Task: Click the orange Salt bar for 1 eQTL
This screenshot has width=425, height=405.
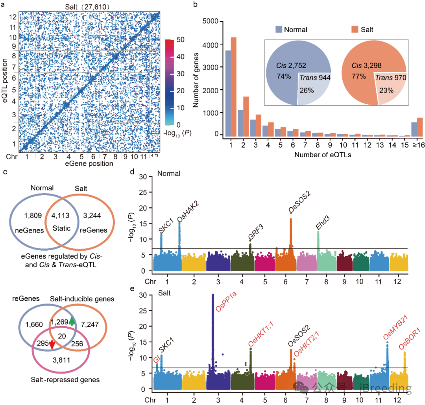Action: tap(233, 87)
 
